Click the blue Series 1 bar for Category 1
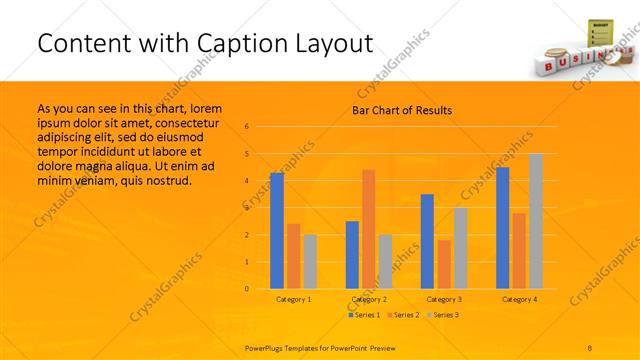pyautogui.click(x=277, y=231)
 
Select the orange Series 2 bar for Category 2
pyautogui.click(x=368, y=229)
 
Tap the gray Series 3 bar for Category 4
pyautogui.click(x=536, y=221)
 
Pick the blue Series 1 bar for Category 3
pyautogui.click(x=427, y=241)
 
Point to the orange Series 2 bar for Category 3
pyautogui.click(x=444, y=264)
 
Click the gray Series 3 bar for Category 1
pyautogui.click(x=310, y=262)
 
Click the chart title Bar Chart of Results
pyautogui.click(x=402, y=110)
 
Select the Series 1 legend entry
pyautogui.click(x=364, y=315)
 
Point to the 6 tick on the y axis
pyautogui.click(x=246, y=127)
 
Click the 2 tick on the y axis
pyautogui.click(x=246, y=235)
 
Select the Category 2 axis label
pyautogui.click(x=367, y=299)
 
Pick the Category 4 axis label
pyautogui.click(x=519, y=299)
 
